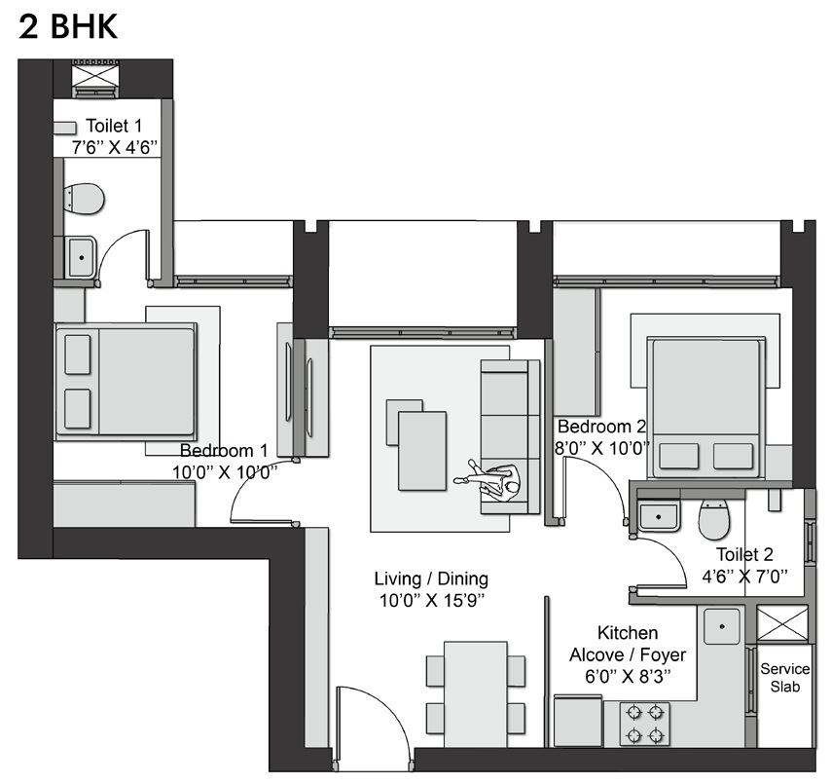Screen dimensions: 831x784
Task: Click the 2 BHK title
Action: [68, 27]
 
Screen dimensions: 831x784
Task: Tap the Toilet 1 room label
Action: [114, 126]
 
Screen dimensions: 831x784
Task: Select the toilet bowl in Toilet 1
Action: [84, 199]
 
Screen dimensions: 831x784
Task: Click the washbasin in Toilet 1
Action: [81, 257]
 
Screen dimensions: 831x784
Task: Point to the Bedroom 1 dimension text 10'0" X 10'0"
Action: [225, 472]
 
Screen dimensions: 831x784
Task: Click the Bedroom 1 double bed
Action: [126, 382]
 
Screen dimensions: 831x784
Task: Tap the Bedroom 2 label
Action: [601, 427]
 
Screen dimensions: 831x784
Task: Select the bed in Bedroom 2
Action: [706, 407]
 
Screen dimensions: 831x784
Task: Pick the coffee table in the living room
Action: [416, 444]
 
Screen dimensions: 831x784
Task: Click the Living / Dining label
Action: [431, 579]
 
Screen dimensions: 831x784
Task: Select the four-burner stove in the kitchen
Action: [645, 724]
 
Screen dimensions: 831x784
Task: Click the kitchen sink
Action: [721, 626]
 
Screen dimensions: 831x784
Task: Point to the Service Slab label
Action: [785, 678]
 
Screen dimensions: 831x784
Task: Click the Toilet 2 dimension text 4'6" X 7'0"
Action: [744, 576]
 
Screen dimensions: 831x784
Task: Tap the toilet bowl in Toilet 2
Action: [714, 518]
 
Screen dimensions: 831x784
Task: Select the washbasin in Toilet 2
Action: [658, 516]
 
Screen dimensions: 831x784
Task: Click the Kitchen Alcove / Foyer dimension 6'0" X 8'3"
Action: [628, 676]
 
